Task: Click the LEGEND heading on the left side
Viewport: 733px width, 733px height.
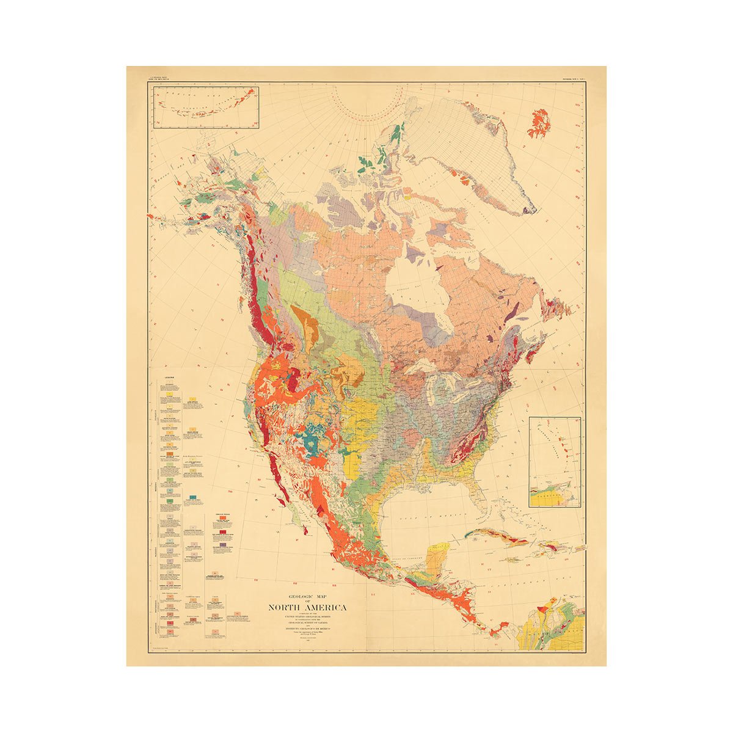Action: pyautogui.click(x=169, y=377)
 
